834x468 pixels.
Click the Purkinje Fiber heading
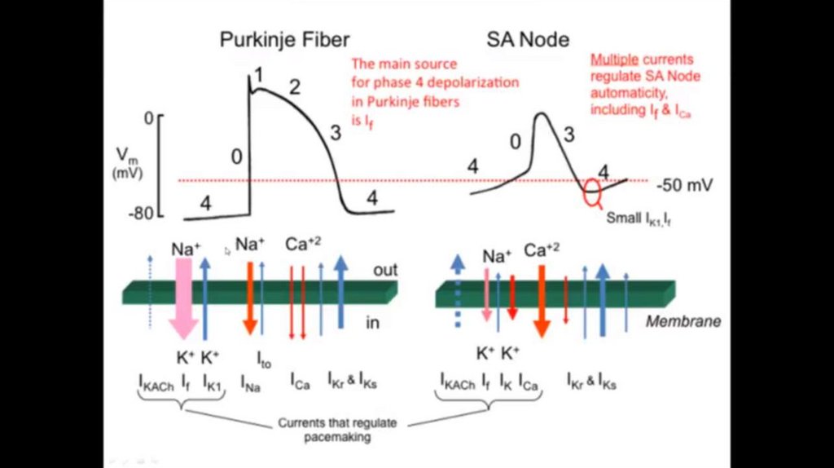pos(283,41)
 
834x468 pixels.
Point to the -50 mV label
pos(684,185)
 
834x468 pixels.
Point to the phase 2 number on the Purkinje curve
pos(294,87)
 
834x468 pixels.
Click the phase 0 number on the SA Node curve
pos(514,142)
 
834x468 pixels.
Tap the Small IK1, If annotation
pos(640,218)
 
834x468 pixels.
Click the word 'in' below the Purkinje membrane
pos(373,323)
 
